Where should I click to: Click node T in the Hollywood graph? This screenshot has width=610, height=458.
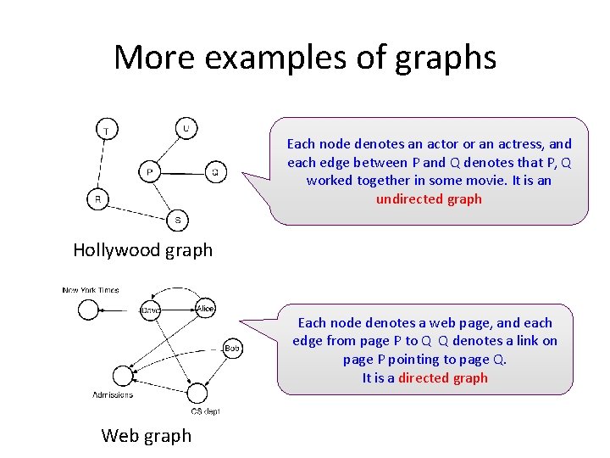point(106,130)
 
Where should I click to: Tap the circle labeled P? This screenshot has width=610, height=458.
point(149,172)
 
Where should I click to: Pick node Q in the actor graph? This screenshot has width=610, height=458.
point(215,172)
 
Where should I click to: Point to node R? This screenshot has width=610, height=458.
point(97,200)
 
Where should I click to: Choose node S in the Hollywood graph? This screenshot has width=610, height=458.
point(177,220)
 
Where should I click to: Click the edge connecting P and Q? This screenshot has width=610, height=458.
point(182,173)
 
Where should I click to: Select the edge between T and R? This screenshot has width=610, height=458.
point(102,165)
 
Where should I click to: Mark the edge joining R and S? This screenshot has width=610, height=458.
point(137,209)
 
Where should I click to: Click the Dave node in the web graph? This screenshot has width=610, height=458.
point(151,310)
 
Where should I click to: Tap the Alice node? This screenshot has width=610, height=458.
point(205,309)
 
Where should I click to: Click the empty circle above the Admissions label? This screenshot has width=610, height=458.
point(123,375)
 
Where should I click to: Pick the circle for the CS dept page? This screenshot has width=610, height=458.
point(197,393)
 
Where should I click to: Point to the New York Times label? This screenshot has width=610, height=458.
point(91,290)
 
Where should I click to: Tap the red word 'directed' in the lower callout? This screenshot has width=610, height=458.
point(443,378)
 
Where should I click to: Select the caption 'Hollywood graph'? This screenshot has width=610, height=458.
point(142,249)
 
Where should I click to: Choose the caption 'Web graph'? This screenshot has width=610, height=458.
point(146,436)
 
